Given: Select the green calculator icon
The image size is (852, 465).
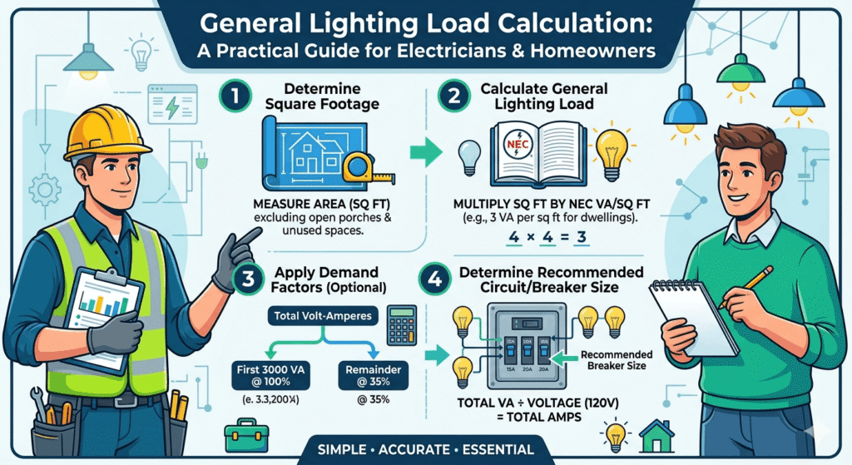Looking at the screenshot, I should coord(401,322).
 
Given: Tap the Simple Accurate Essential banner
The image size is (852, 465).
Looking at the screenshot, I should coord(426,450).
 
